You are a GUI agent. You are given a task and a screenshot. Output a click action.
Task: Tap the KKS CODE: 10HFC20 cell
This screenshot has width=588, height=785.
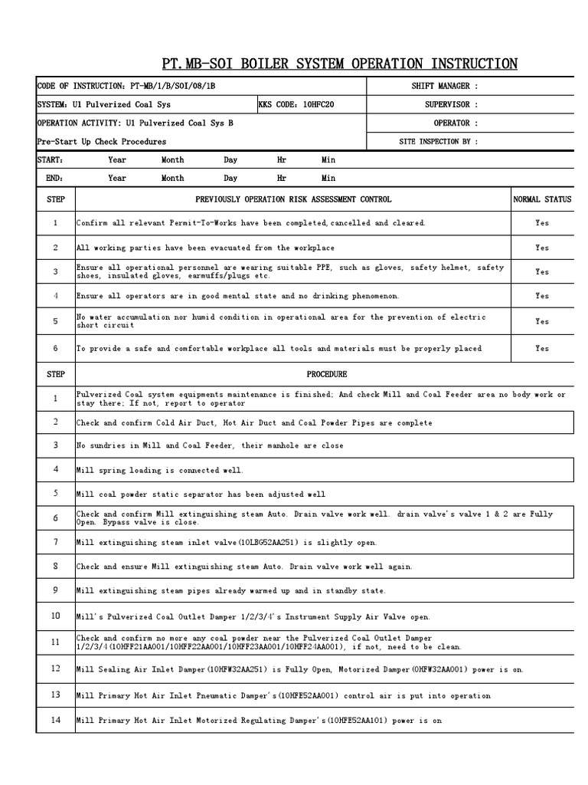click(x=296, y=104)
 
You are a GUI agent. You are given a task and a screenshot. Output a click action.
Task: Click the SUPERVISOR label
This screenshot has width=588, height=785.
click(x=451, y=104)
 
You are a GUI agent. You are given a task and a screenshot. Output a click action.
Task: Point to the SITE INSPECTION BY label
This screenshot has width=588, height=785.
click(x=439, y=141)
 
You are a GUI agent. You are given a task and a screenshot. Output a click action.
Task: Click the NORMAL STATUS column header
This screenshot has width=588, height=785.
click(x=542, y=199)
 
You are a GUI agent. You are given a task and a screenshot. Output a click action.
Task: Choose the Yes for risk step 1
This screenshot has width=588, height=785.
click(x=542, y=223)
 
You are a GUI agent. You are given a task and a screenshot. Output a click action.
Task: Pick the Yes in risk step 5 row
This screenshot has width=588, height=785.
click(x=542, y=322)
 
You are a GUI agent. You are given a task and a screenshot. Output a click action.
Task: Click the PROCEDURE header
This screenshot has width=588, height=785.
click(x=327, y=374)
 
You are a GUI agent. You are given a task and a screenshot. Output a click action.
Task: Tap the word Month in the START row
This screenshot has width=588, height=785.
click(x=172, y=160)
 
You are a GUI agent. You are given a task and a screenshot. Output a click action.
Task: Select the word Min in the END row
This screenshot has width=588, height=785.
click(x=328, y=178)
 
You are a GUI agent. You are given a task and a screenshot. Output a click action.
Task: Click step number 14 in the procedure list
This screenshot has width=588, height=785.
click(x=55, y=720)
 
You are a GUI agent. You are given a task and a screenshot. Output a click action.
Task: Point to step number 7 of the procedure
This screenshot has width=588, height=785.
click(x=55, y=542)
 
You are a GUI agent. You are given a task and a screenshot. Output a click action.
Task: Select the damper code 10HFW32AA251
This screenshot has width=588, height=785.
click(x=234, y=669)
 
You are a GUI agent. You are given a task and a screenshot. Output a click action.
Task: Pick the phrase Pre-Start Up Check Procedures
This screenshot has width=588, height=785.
click(x=101, y=142)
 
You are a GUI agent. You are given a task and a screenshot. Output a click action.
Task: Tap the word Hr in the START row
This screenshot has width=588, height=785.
click(x=282, y=160)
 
